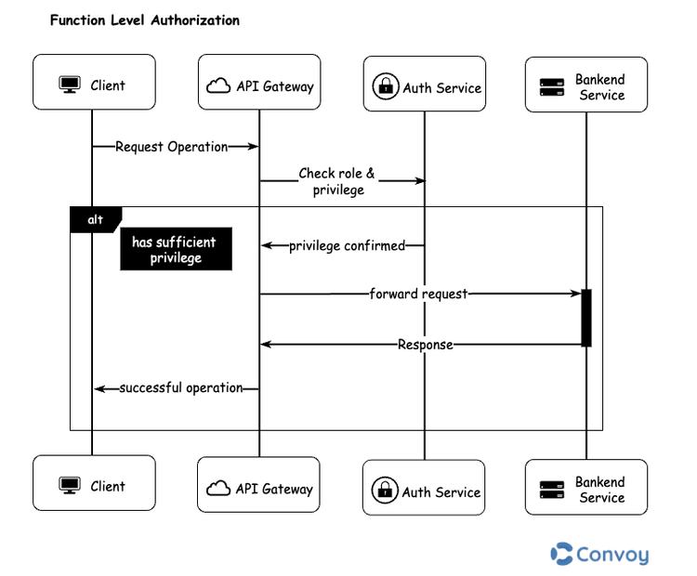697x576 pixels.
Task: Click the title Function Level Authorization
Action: point(144,20)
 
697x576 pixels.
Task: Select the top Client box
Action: point(94,85)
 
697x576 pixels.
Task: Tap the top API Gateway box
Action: point(258,86)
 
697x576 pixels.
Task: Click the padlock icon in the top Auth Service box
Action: point(385,87)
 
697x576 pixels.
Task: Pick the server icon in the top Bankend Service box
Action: point(553,87)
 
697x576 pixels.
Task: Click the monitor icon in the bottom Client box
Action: point(70,486)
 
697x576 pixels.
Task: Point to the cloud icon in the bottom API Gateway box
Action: point(217,489)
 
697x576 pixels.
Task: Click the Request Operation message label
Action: point(172,147)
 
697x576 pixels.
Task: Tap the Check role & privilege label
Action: point(337,181)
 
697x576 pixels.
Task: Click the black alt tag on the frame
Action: point(95,219)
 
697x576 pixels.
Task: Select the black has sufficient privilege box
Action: point(175,250)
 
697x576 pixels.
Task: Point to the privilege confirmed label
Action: point(347,246)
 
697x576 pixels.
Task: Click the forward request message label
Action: point(419,294)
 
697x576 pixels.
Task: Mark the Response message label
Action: point(426,345)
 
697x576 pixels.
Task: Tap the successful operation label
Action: point(181,387)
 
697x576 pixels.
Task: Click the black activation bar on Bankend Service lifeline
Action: point(586,318)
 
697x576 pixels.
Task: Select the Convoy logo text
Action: point(612,555)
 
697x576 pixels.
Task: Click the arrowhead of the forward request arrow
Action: point(576,294)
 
